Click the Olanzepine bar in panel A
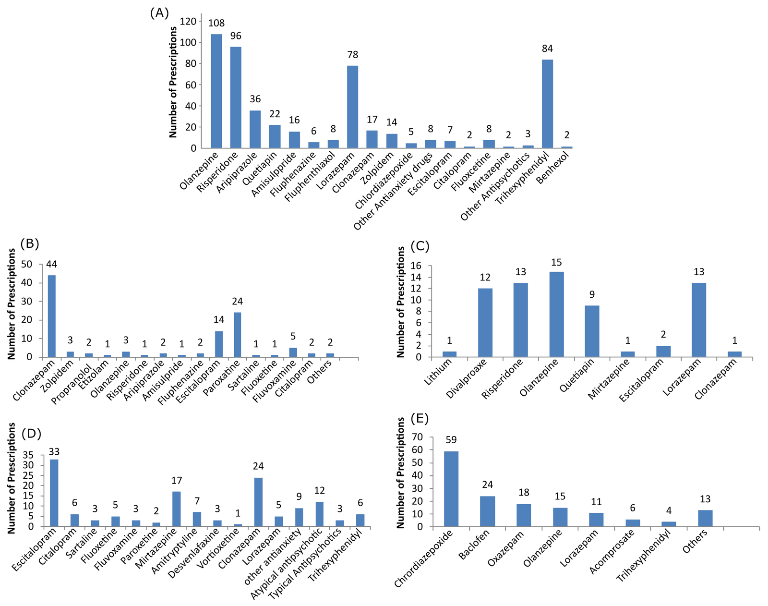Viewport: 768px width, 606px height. [216, 91]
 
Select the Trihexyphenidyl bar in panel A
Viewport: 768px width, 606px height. [547, 104]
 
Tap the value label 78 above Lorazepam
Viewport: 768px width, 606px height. [353, 55]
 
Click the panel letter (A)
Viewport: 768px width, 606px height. [160, 13]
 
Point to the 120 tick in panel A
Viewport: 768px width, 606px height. [188, 21]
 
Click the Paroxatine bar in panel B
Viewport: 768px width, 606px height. [237, 335]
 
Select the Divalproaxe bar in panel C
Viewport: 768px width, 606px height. [485, 323]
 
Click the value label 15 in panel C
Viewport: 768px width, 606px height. [556, 262]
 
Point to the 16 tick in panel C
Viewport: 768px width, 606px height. [416, 266]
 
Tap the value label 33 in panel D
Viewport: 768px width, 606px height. [53, 452]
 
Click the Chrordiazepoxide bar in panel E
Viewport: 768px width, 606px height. [451, 489]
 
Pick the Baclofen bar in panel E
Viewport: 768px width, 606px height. [487, 511]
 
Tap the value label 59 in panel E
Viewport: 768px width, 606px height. [451, 440]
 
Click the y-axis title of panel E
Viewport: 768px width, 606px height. [401, 473]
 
